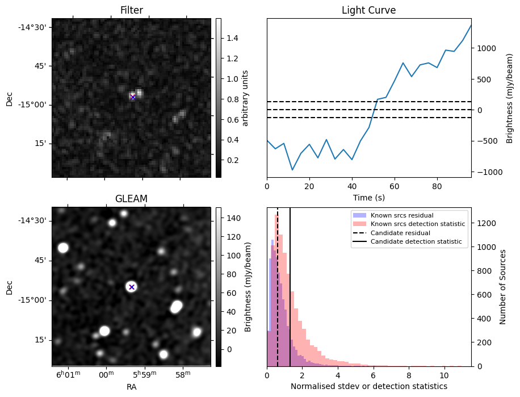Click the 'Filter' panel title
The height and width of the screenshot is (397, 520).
point(131,10)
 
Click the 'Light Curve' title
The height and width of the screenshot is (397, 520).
point(368,10)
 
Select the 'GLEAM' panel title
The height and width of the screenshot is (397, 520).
point(131,198)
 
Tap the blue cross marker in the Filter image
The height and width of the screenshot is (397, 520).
point(133,97)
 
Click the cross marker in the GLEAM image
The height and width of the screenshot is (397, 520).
point(132,287)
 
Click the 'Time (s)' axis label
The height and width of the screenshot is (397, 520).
point(368,197)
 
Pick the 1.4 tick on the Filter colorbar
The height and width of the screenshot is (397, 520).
point(230,38)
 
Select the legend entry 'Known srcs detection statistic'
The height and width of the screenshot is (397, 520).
point(417,224)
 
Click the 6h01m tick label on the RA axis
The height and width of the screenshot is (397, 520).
point(68,375)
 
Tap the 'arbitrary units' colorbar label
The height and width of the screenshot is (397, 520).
point(245,98)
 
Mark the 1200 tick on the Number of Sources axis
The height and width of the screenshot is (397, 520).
point(486,223)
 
